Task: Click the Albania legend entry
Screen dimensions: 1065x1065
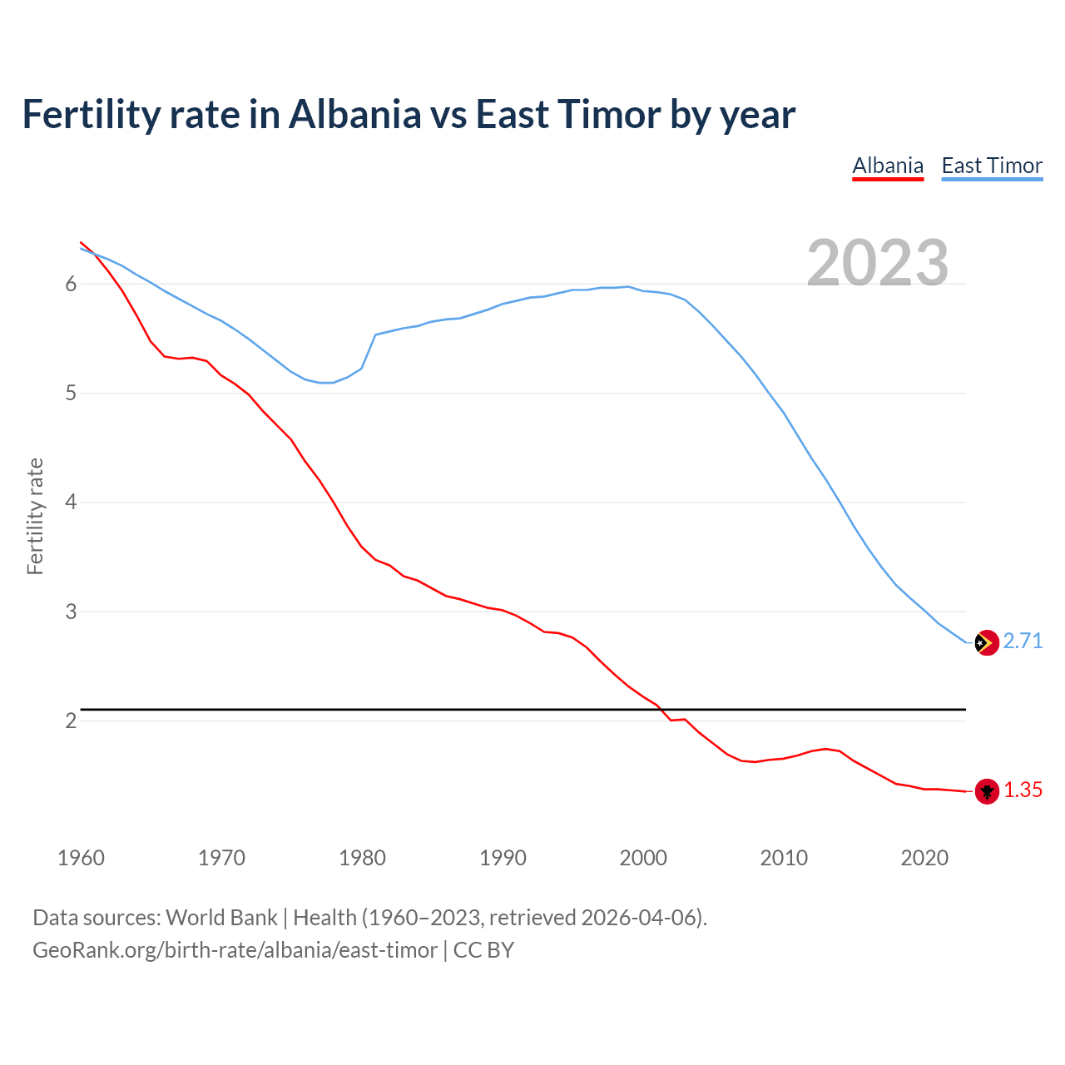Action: [888, 166]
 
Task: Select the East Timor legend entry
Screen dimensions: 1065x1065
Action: [992, 166]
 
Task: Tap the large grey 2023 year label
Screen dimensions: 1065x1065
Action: [878, 263]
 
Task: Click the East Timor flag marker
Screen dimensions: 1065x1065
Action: [987, 642]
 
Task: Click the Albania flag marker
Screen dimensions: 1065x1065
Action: [987, 791]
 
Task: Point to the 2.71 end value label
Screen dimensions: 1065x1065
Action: [1023, 641]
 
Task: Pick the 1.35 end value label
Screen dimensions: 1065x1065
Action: [1023, 790]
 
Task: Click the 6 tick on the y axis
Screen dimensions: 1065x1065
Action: [71, 285]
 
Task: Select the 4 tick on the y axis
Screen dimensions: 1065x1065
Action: [71, 503]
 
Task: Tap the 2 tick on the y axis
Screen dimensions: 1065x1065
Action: [71, 721]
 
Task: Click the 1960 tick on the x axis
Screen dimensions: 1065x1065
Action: [81, 858]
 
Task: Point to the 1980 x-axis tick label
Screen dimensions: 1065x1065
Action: [362, 858]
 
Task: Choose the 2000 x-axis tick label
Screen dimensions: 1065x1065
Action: [643, 858]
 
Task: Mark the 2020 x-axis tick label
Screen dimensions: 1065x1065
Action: [924, 858]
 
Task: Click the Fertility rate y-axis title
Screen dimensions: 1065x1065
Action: [35, 516]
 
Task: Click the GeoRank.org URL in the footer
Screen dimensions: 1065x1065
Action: [235, 950]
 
